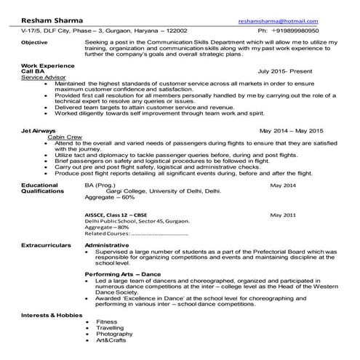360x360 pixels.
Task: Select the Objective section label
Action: [x=34, y=42]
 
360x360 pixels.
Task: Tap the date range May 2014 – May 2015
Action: [x=292, y=131]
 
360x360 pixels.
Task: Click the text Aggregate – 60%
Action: [x=110, y=197]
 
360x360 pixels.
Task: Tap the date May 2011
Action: [x=283, y=216]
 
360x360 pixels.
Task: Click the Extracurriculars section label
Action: [x=46, y=246]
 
